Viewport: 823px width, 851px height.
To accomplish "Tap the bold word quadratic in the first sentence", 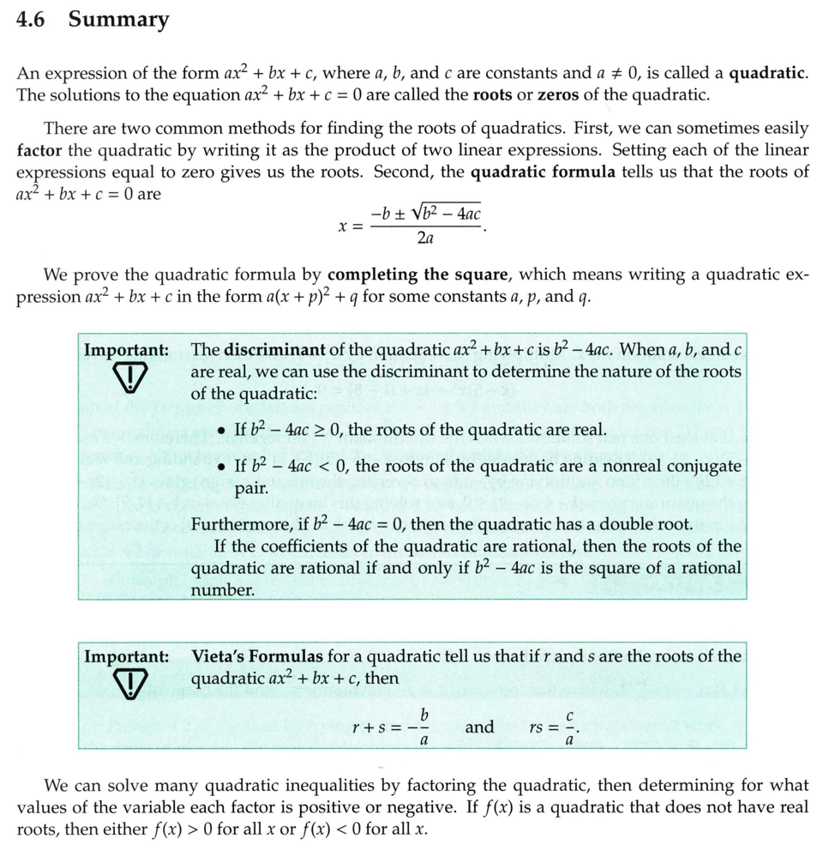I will point(768,73).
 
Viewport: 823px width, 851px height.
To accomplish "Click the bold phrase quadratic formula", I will point(544,172).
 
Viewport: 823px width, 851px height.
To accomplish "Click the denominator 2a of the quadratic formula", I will point(426,238).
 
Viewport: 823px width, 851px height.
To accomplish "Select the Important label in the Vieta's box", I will point(126,656).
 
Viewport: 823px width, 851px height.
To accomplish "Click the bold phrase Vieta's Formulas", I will point(258,656).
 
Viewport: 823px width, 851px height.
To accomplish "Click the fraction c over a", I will point(569,727).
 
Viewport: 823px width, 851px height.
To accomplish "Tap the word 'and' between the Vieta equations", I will point(479,727).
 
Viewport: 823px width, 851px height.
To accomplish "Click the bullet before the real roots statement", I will point(222,430).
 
